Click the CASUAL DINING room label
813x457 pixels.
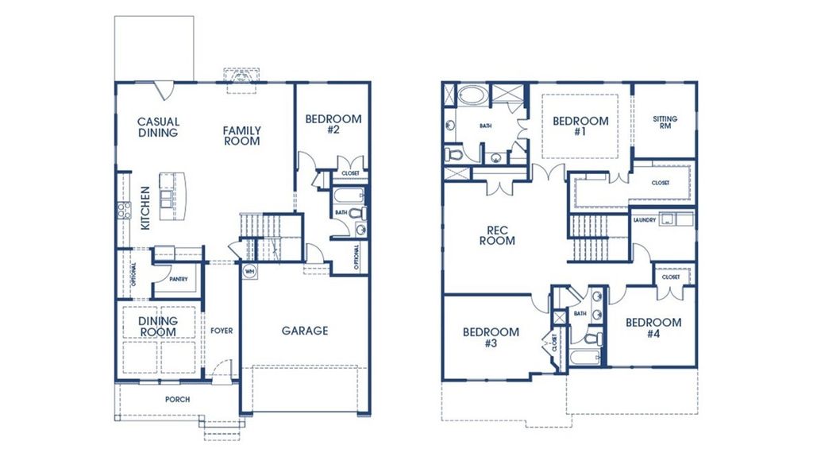(x=159, y=127)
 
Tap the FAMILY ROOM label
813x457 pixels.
(x=241, y=136)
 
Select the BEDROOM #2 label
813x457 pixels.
(x=333, y=124)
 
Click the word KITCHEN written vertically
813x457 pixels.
(x=145, y=208)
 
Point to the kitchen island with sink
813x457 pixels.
(x=171, y=195)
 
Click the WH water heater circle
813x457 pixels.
(x=249, y=270)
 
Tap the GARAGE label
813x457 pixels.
(x=305, y=331)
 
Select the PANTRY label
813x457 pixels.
(x=178, y=279)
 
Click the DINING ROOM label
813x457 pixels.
(x=158, y=327)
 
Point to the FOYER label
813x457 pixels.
(x=222, y=331)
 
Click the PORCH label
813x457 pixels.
(x=177, y=399)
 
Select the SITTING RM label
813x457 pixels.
(x=665, y=122)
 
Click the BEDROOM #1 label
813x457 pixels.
(x=580, y=126)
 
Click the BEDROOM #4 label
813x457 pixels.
(x=653, y=327)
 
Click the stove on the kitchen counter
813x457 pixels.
(x=125, y=210)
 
